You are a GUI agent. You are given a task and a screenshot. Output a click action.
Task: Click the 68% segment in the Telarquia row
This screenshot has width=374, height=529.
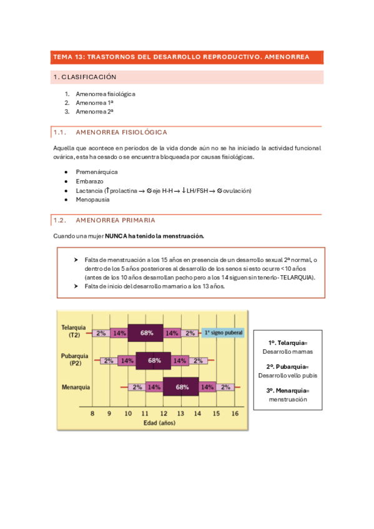[x=146, y=333]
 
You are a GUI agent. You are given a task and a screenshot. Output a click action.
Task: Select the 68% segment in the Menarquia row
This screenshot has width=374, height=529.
[x=182, y=387]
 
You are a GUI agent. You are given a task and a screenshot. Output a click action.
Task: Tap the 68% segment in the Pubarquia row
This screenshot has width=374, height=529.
[x=154, y=360]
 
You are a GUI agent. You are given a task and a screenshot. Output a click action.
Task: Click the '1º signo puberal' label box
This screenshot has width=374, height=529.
[x=223, y=333]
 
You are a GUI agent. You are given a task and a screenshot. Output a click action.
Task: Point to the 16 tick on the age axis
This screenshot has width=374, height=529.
[x=235, y=413]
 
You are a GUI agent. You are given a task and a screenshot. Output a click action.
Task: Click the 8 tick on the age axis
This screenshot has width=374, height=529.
[x=92, y=413]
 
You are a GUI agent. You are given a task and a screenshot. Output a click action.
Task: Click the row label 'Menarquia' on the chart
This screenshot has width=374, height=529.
[x=76, y=387]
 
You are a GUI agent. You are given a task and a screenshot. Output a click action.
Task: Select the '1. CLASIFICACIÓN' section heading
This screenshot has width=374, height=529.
[x=86, y=77]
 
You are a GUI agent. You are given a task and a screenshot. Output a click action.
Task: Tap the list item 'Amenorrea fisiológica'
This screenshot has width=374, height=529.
[x=106, y=94]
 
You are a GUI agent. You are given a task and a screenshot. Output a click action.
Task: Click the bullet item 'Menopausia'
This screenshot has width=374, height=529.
[x=92, y=200]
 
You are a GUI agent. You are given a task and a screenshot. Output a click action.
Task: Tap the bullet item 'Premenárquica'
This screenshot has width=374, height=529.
[x=96, y=172]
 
